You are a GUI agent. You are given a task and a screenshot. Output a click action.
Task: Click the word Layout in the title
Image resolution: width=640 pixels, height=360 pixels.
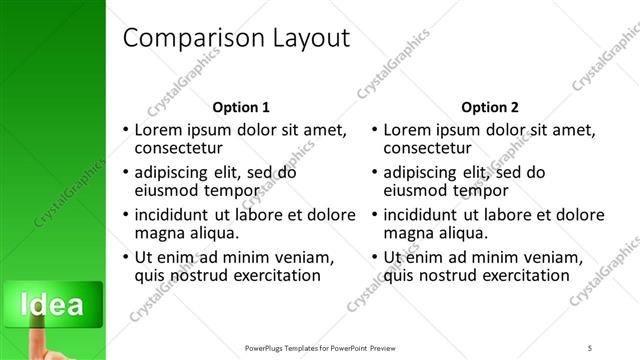[x=311, y=39]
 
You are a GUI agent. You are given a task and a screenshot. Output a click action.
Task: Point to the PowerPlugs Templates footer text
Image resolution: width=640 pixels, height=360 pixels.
[x=331, y=347]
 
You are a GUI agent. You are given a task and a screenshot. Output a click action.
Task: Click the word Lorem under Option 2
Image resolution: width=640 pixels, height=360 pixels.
[x=407, y=130]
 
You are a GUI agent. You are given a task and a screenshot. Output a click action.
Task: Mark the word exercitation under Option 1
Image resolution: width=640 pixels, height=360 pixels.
[x=269, y=276]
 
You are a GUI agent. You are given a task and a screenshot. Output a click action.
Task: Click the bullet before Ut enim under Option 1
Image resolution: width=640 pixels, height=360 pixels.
[x=124, y=258]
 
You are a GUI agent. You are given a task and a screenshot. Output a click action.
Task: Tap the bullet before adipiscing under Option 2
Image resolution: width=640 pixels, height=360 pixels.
[x=373, y=173]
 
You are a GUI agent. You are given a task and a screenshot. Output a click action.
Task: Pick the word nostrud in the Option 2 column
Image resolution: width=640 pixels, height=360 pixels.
[x=443, y=276]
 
